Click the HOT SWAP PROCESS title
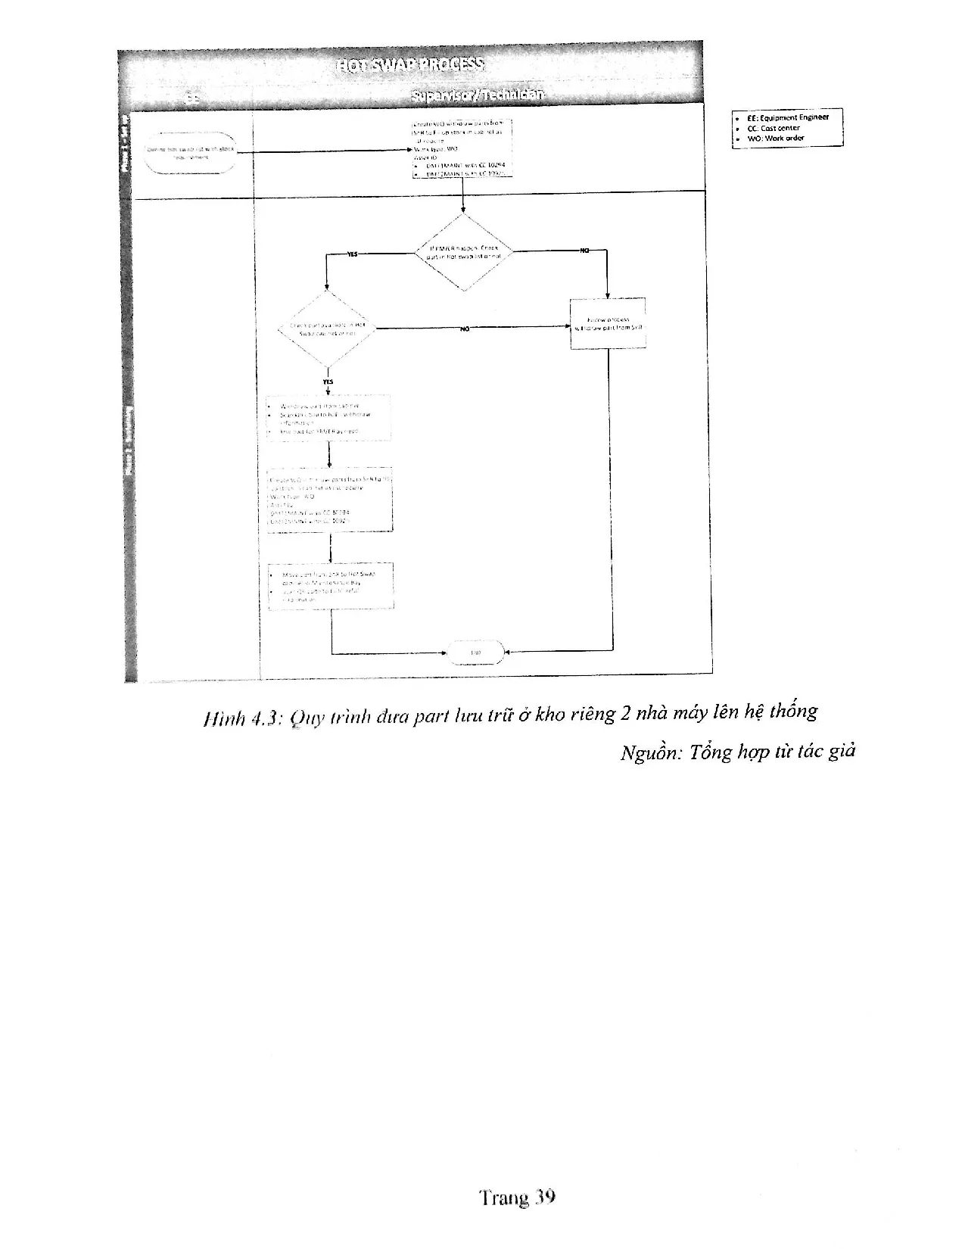pos(410,64)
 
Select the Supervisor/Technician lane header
pos(477,95)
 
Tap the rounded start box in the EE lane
pos(191,152)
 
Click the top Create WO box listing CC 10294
pos(462,148)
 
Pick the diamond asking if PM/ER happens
pos(463,252)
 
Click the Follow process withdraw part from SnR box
pos(608,323)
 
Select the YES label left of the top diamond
pos(352,255)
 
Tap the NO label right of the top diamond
pos(584,250)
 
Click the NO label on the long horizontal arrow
pos(465,329)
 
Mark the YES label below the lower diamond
pos(328,382)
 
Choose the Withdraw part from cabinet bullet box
pos(329,418)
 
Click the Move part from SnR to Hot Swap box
pos(332,586)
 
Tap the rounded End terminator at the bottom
pos(476,652)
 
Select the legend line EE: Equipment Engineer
pos(787,117)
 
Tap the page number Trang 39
pos(518,1198)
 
